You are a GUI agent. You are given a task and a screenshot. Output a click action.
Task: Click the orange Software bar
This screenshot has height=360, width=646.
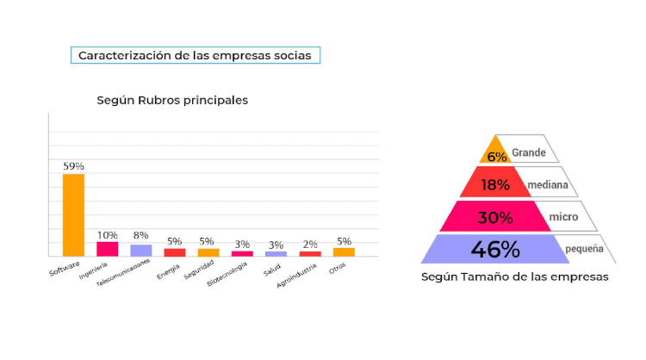pos(73,214)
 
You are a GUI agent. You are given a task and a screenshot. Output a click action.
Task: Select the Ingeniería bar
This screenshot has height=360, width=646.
pos(107,249)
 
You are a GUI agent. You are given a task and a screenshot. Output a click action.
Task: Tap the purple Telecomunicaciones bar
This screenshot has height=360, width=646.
pos(140,251)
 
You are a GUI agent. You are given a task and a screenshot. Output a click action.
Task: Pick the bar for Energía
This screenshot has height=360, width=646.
pos(175,252)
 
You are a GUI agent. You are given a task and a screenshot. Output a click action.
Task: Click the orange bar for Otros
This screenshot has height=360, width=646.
pos(344,252)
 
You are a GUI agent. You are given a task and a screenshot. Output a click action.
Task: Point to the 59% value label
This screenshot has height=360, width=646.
pos(73,165)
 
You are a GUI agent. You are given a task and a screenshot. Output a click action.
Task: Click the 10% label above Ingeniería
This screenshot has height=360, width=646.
pos(107,234)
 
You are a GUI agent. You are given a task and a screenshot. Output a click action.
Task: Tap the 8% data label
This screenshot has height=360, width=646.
pos(140,235)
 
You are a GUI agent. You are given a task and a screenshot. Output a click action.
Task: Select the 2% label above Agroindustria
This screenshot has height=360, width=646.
pos(310,244)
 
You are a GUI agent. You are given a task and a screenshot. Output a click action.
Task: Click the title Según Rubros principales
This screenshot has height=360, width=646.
pos(172,100)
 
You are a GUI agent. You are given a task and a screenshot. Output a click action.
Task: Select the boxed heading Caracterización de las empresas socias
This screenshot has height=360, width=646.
pos(196,55)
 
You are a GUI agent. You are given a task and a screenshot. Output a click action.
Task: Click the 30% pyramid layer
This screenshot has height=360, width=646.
pos(494,217)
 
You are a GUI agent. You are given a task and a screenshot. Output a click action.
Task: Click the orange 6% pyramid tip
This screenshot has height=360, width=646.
pos(495,152)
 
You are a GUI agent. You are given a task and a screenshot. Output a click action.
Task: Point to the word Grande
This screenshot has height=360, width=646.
pos(529,152)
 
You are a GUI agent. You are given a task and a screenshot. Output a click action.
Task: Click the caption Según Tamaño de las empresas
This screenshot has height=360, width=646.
pos(515,277)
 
